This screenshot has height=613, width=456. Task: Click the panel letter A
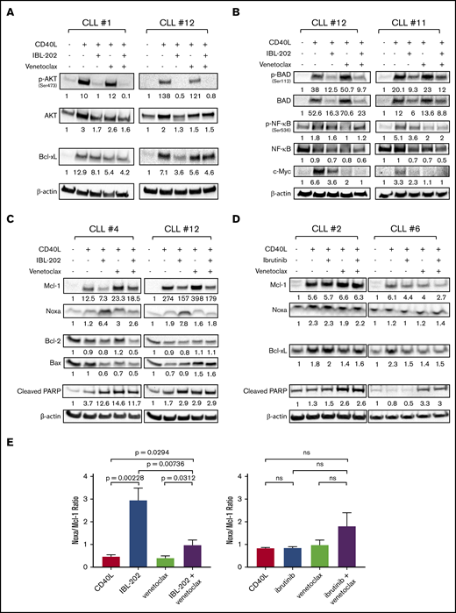click(x=11, y=11)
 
